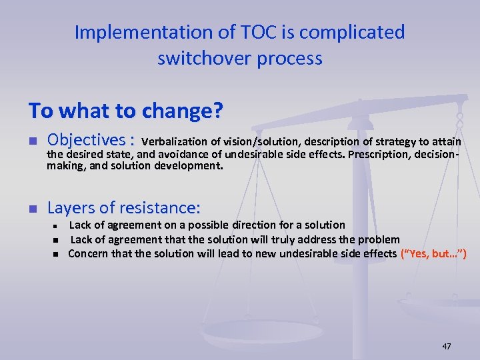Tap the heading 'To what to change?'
(125, 111)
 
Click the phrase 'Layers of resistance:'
(124, 207)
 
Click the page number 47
(446, 346)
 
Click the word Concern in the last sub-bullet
(88, 254)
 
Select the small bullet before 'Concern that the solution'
(57, 254)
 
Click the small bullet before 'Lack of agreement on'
(57, 226)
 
